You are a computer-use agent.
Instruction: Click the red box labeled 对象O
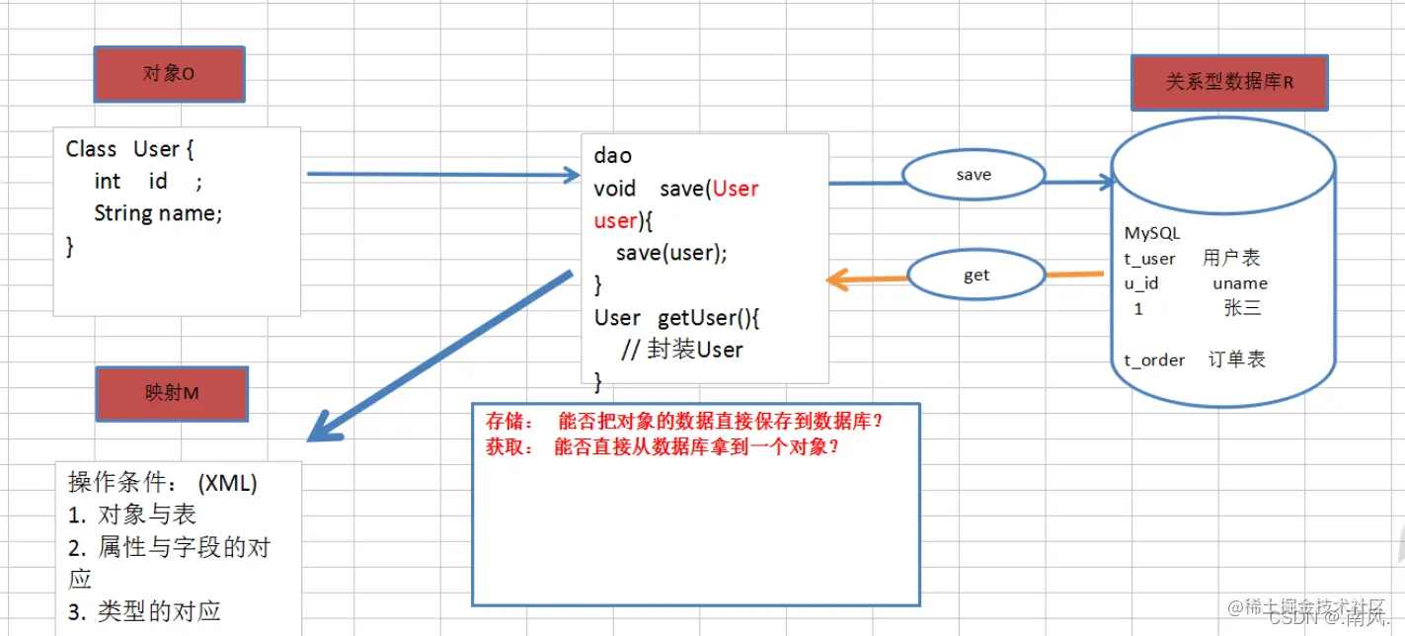point(169,74)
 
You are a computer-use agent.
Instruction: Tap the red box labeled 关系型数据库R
point(1229,82)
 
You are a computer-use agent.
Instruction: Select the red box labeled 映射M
point(172,393)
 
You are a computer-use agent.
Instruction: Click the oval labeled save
point(974,175)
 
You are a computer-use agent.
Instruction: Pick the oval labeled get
point(976,276)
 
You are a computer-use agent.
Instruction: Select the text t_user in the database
point(1149,259)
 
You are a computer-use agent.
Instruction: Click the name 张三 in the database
point(1242,309)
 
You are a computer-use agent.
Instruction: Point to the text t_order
point(1154,360)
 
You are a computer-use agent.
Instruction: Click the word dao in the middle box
point(613,156)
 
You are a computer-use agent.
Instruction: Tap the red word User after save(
point(736,189)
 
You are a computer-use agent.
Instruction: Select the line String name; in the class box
point(158,213)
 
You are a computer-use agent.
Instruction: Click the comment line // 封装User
point(682,350)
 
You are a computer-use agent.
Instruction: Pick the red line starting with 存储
point(683,421)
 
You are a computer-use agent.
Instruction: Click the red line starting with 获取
point(663,446)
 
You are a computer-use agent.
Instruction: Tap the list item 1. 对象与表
point(132,515)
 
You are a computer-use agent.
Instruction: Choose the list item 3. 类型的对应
point(144,611)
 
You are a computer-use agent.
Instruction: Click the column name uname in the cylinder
point(1240,283)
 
